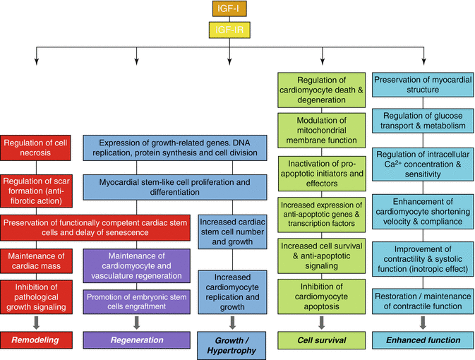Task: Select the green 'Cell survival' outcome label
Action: click(x=322, y=340)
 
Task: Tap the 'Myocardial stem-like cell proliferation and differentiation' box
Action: click(x=175, y=188)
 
